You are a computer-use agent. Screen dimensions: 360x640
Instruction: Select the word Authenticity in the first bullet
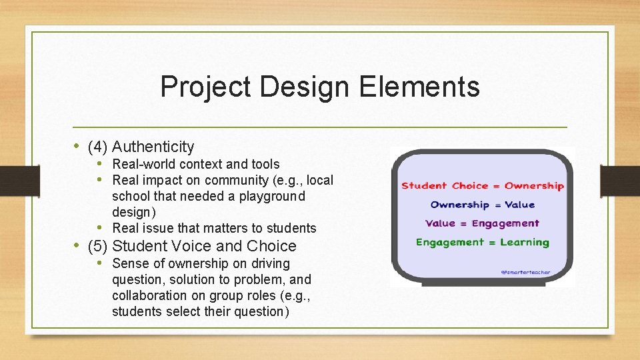(153, 147)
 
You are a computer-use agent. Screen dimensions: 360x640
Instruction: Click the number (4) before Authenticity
(98, 147)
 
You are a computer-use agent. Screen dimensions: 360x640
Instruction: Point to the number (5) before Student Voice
(98, 246)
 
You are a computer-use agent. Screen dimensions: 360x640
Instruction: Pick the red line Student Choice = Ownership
(482, 186)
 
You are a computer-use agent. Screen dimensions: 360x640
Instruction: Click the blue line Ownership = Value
(482, 205)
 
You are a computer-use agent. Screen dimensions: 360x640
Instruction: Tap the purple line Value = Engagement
(482, 223)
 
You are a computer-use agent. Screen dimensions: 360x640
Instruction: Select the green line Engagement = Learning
(482, 242)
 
